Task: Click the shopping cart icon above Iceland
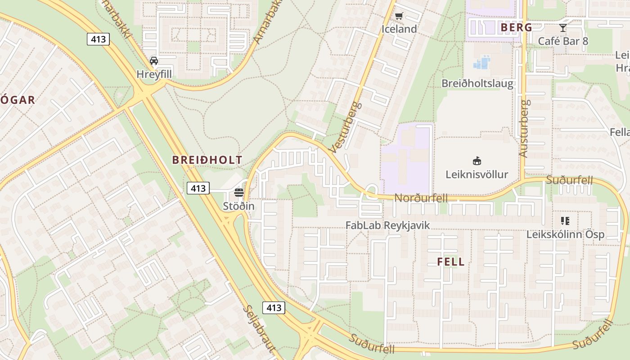tap(399, 16)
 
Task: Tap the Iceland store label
tap(399, 29)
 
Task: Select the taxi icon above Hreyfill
tap(154, 61)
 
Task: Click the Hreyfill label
tap(154, 74)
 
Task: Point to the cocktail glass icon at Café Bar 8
tap(563, 28)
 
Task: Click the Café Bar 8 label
tap(563, 41)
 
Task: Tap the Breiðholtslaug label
tap(477, 83)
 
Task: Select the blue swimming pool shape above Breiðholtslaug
tap(481, 63)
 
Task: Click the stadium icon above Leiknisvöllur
tap(477, 161)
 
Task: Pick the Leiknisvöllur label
tap(477, 174)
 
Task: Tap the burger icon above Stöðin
tap(239, 193)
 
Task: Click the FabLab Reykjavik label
tap(387, 225)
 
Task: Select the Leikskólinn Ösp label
tap(565, 234)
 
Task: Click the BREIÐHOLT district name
tap(207, 160)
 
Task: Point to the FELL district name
tap(450, 262)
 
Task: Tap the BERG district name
tap(516, 27)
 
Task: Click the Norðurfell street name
tap(421, 198)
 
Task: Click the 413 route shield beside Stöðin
tap(198, 188)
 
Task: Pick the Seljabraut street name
tap(259, 328)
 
